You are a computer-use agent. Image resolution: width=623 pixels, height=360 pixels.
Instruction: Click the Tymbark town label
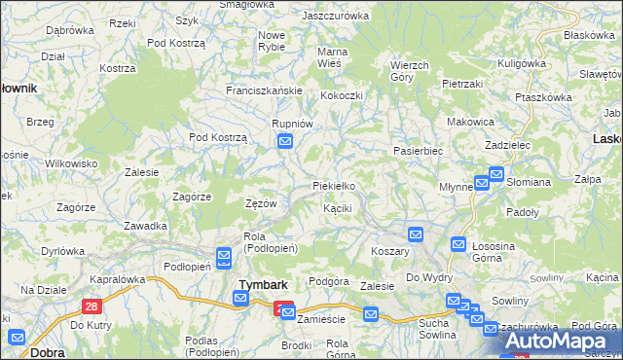click(x=261, y=284)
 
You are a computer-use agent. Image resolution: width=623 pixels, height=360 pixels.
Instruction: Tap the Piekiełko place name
click(x=334, y=185)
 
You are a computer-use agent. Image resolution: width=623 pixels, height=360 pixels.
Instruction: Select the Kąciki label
click(x=337, y=208)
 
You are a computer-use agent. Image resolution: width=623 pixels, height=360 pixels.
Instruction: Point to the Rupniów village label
click(x=292, y=124)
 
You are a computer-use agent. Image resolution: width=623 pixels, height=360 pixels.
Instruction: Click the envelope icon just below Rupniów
click(x=285, y=142)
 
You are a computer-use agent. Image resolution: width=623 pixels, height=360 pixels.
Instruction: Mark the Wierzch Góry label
click(x=409, y=70)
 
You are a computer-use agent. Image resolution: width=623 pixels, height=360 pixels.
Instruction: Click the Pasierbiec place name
click(x=419, y=152)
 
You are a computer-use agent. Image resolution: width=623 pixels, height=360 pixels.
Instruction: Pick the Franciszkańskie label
click(x=265, y=90)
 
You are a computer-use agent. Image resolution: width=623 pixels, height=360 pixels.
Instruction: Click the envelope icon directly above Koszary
click(x=416, y=234)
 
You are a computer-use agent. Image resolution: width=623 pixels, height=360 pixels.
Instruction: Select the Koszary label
click(x=390, y=250)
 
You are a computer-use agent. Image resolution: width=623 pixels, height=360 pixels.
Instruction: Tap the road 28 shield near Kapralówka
click(x=92, y=306)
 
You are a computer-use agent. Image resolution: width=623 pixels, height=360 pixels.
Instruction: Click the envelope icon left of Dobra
click(x=17, y=338)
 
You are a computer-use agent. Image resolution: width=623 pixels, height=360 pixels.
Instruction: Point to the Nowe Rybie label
click(x=271, y=41)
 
